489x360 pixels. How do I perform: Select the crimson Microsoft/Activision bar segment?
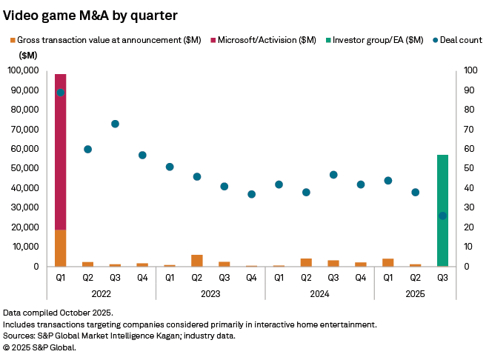[61, 151]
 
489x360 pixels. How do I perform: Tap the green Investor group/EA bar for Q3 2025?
[442, 210]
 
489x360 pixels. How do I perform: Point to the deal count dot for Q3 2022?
[115, 124]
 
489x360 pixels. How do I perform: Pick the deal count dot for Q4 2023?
[251, 194]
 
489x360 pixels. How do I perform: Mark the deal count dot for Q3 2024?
[333, 175]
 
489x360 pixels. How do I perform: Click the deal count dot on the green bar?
[442, 216]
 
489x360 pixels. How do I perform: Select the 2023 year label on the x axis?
[210, 294]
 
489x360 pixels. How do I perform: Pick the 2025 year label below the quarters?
[415, 294]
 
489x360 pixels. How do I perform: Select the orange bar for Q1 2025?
[387, 262]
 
